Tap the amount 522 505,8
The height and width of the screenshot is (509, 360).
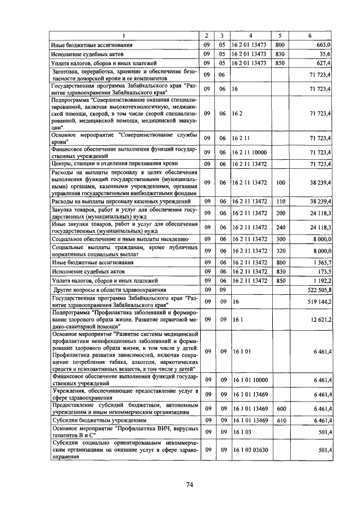pyautogui.click(x=318, y=289)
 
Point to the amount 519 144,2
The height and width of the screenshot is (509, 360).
pyautogui.click(x=318, y=301)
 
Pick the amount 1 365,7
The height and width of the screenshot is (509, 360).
pyautogui.click(x=321, y=262)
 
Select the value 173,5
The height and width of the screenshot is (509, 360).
pyautogui.click(x=323, y=271)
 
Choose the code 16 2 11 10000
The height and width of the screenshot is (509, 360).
pyautogui.click(x=249, y=152)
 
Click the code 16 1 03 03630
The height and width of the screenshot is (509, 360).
pyautogui.click(x=250, y=450)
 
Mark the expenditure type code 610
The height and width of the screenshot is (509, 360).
pyautogui.click(x=282, y=420)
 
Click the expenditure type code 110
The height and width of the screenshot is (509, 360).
pyautogui.click(x=282, y=201)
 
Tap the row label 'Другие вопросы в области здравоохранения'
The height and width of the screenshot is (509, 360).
pyautogui.click(x=100, y=289)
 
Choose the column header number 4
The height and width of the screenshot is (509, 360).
pyautogui.click(x=250, y=35)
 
